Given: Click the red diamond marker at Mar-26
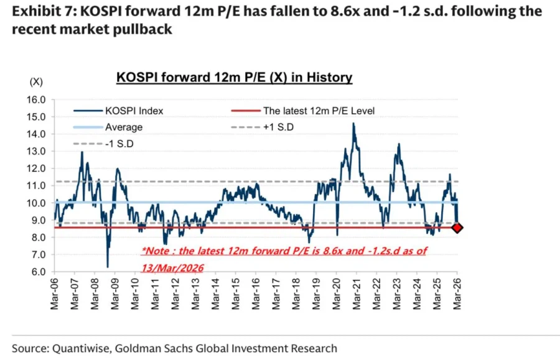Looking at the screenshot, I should point(457,228).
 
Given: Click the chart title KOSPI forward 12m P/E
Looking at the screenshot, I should point(235,78).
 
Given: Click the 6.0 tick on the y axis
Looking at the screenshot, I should point(37,272).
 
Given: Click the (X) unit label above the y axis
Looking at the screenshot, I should point(36,82).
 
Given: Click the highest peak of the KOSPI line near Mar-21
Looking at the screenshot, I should point(353,124).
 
